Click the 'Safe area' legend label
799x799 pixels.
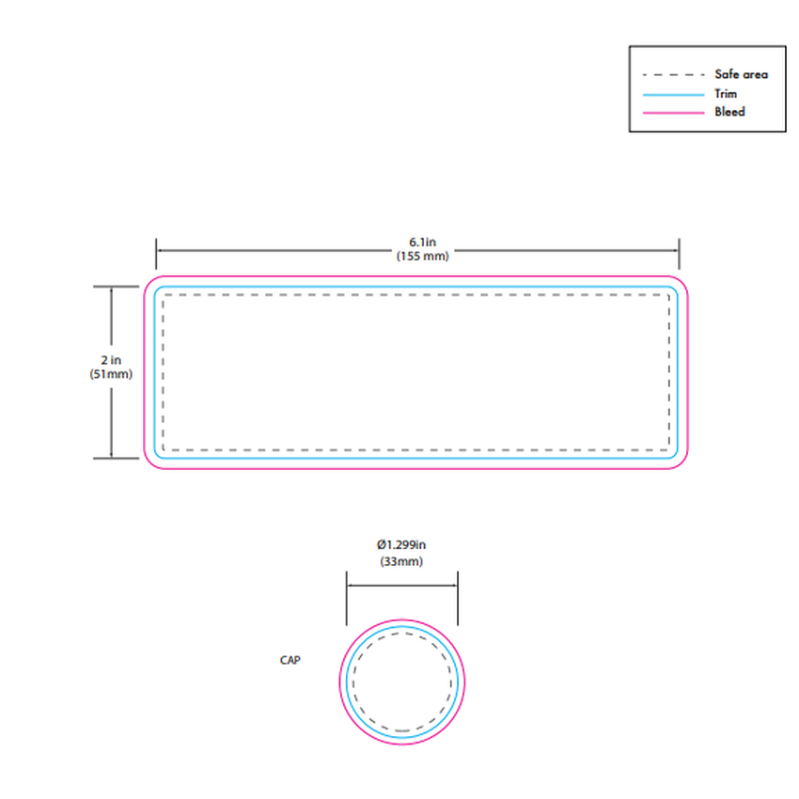pyautogui.click(x=741, y=74)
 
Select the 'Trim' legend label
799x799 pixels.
pyautogui.click(x=726, y=94)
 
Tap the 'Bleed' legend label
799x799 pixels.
pyautogui.click(x=729, y=112)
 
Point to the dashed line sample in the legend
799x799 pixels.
pyautogui.click(x=674, y=75)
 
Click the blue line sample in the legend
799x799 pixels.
pyautogui.click(x=674, y=95)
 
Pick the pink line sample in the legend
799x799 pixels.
pyautogui.click(x=674, y=113)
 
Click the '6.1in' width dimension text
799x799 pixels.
pyautogui.click(x=422, y=242)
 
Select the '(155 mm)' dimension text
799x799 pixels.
pyautogui.click(x=422, y=256)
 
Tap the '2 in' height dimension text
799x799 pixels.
pyautogui.click(x=111, y=360)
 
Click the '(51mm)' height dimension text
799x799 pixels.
pyautogui.click(x=111, y=374)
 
